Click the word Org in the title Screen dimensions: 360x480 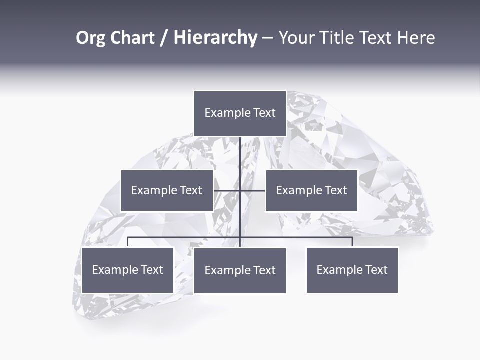(91, 38)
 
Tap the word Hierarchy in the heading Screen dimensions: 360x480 (215, 38)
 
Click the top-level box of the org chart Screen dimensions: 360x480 (240, 113)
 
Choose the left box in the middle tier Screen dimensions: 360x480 (167, 191)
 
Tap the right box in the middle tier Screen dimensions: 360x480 (311, 191)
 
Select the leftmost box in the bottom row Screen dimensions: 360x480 (127, 270)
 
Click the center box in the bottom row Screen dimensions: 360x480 (240, 271)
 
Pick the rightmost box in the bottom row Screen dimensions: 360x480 (352, 270)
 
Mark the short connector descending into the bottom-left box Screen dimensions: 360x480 (128, 242)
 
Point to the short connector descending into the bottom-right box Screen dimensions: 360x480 (352, 242)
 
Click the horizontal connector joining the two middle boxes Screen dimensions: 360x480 (240, 191)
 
